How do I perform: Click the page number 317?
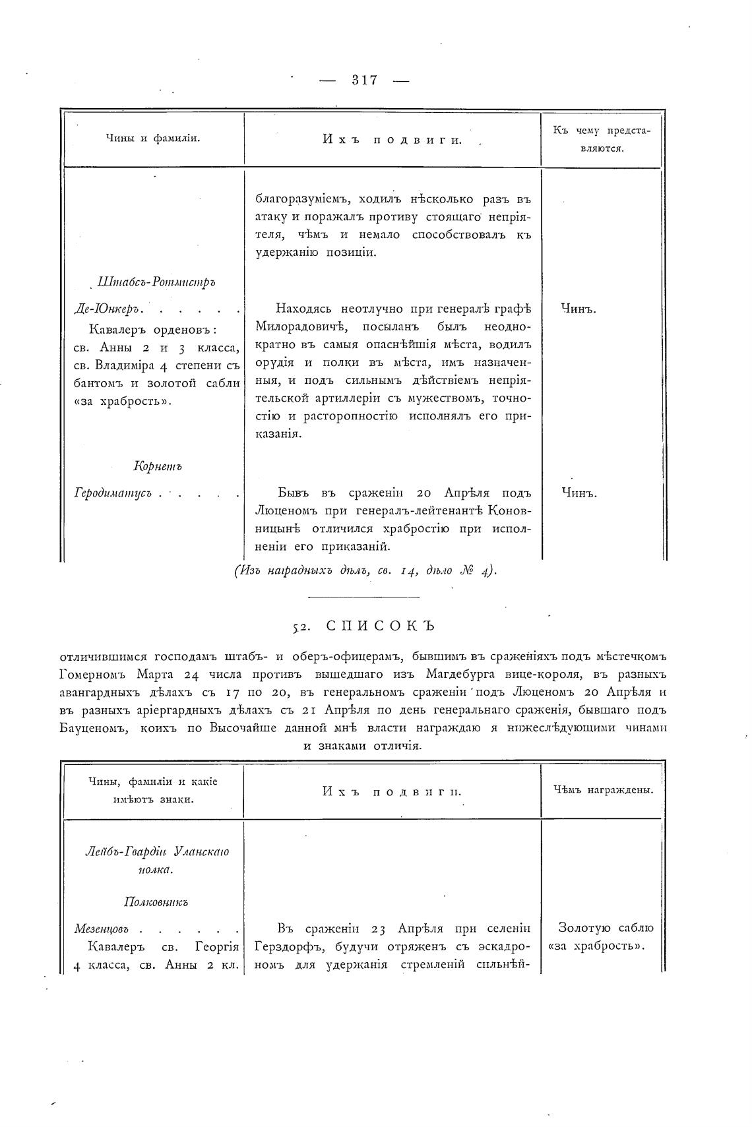tap(364, 80)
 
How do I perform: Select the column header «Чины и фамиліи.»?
tap(153, 138)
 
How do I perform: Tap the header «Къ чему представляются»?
tap(601, 139)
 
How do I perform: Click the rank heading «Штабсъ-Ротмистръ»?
tap(156, 282)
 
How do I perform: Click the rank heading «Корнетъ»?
tap(158, 467)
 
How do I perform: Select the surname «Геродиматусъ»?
tap(113, 493)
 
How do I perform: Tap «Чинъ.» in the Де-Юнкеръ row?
tap(579, 308)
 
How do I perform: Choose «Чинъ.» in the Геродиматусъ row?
tap(579, 493)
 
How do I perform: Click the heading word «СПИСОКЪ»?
tap(381, 626)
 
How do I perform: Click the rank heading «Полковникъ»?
tap(156, 902)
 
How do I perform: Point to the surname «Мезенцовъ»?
tap(101, 929)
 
